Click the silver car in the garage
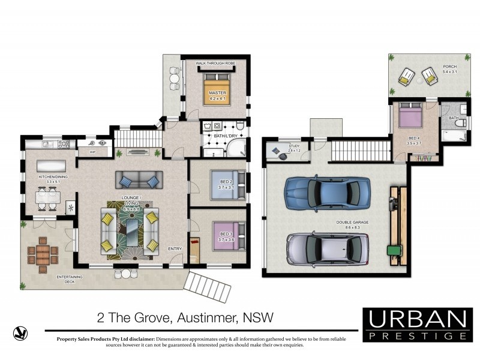click(326, 247)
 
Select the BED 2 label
click(226, 186)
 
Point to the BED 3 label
click(226, 236)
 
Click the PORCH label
click(449, 69)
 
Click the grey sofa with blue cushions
click(139, 179)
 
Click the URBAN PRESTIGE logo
click(417, 325)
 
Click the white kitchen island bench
click(53, 166)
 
